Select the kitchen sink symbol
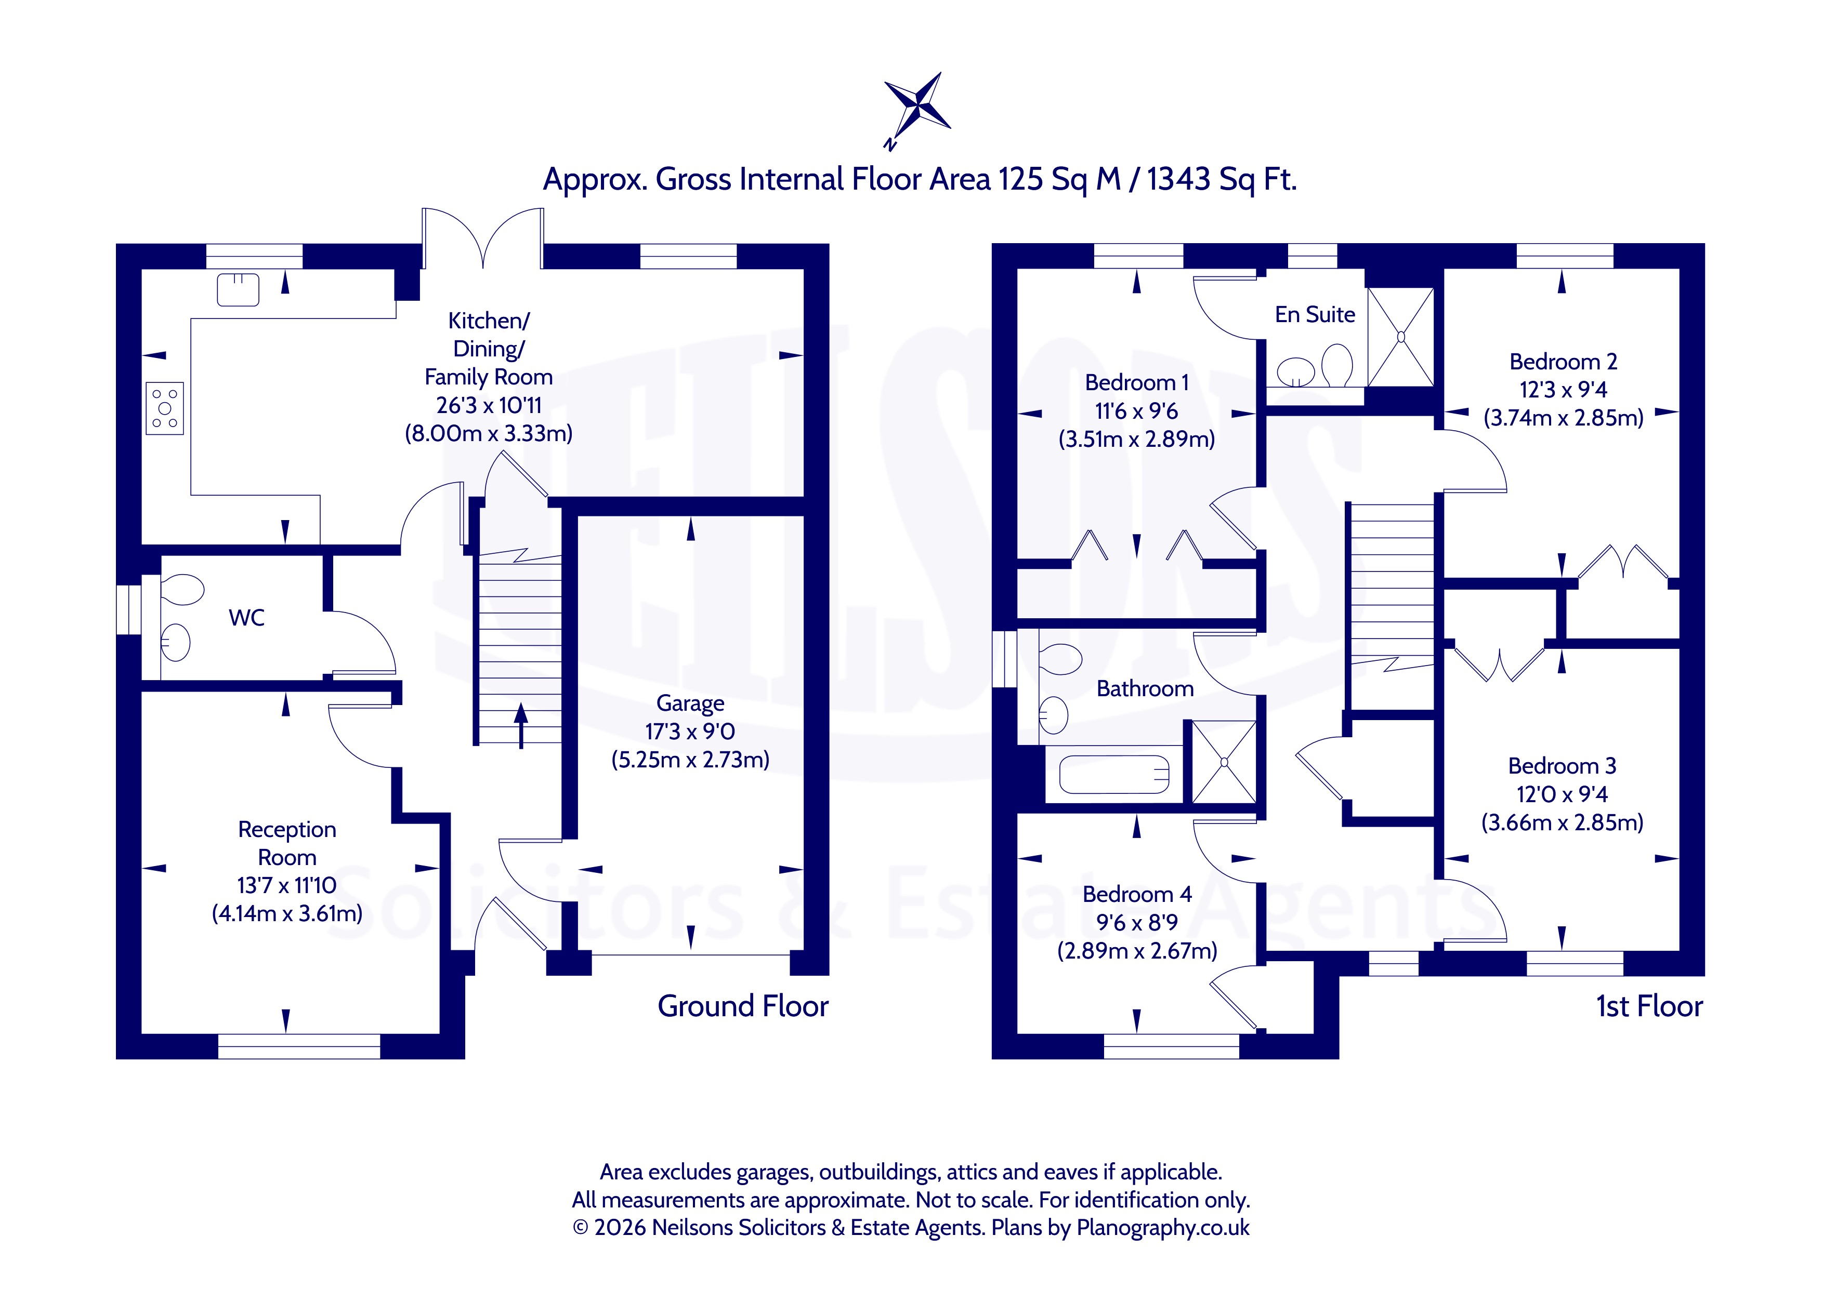pyautogui.click(x=238, y=290)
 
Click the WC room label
pyautogui.click(x=246, y=618)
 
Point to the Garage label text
pyautogui.click(x=690, y=704)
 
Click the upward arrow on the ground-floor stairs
pyautogui.click(x=521, y=725)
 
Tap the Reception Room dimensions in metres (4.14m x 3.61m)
pyautogui.click(x=286, y=913)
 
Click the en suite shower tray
pyautogui.click(x=1400, y=337)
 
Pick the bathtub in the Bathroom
pyautogui.click(x=1115, y=775)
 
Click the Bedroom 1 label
pyautogui.click(x=1137, y=382)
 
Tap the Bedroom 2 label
pyautogui.click(x=1563, y=362)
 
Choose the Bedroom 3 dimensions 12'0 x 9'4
pyautogui.click(x=1562, y=794)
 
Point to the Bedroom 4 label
pyautogui.click(x=1137, y=895)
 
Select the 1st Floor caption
pyautogui.click(x=1649, y=1006)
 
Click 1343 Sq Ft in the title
pyautogui.click(x=1221, y=179)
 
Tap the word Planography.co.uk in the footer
pyautogui.click(x=1162, y=1228)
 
